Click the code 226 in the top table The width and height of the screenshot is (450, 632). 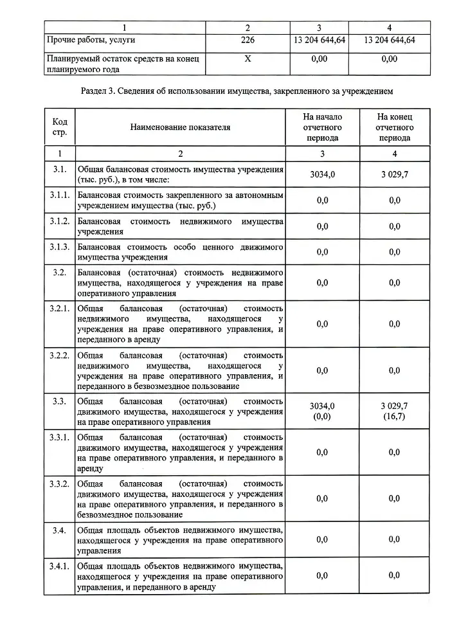point(247,39)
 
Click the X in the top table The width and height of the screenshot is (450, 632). point(247,59)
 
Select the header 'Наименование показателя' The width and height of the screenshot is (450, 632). point(180,127)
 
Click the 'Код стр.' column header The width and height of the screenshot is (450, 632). point(59,127)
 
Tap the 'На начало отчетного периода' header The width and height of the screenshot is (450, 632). point(323,127)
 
